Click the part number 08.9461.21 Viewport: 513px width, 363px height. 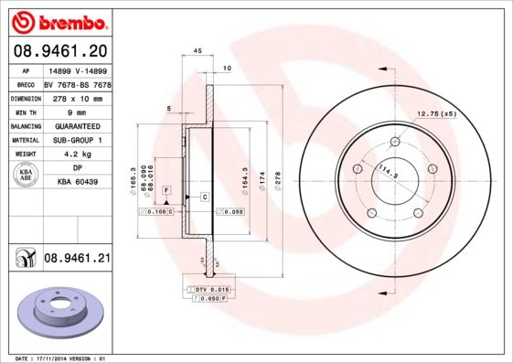[77, 259]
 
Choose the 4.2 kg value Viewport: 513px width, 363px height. [78, 155]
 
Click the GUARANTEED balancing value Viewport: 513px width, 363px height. [78, 125]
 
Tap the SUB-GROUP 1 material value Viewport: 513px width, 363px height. [78, 140]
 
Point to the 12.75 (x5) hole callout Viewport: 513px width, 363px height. [436, 113]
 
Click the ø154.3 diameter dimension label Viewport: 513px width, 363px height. [244, 177]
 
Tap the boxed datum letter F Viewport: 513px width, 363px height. [166, 188]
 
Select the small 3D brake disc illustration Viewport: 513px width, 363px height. [62, 315]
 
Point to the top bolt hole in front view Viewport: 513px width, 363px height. [395, 142]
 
